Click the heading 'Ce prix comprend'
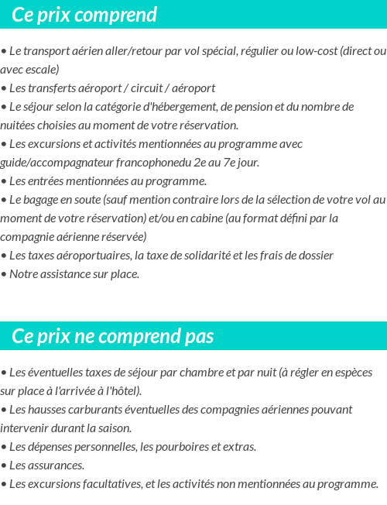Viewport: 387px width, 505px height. tap(84, 15)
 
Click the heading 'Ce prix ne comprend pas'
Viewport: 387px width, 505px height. tap(113, 336)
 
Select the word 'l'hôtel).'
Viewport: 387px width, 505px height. tap(119, 391)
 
